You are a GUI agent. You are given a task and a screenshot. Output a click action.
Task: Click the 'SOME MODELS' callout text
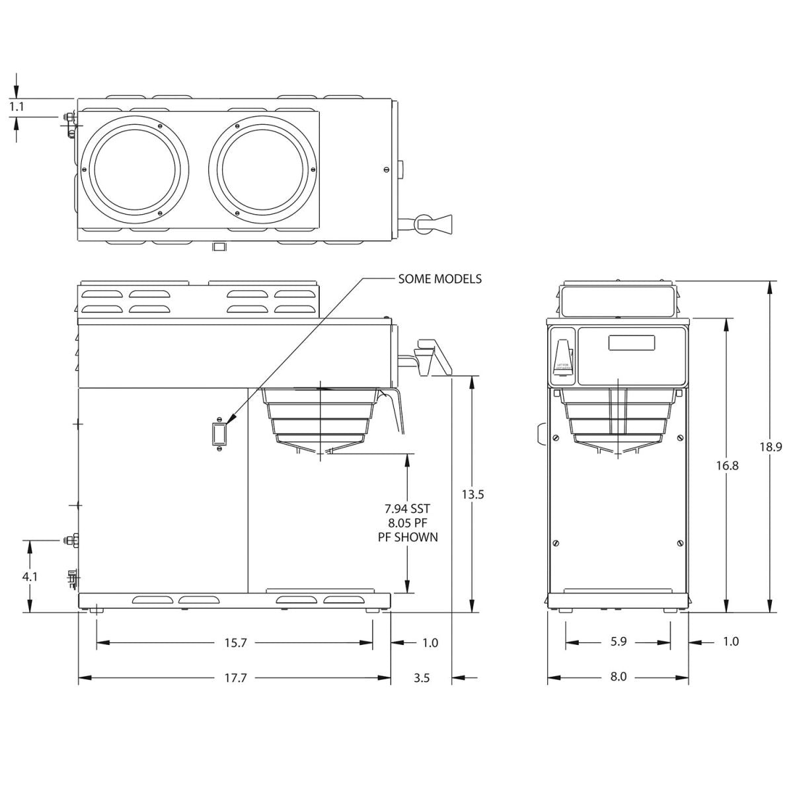[439, 279]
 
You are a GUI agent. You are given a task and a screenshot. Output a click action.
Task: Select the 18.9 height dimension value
[770, 447]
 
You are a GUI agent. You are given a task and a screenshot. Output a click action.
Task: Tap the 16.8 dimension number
[726, 465]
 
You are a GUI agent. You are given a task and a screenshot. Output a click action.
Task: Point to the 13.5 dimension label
[472, 494]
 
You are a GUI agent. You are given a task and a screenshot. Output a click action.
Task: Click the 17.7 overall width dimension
[235, 677]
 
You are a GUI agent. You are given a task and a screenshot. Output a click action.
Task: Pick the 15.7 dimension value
[235, 642]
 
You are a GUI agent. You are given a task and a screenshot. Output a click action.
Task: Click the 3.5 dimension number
[422, 677]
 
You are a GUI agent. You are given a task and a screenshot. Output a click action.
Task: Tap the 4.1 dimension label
[30, 576]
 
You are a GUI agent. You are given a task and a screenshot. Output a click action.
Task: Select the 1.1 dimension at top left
[17, 106]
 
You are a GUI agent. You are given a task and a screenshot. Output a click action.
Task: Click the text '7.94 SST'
[407, 509]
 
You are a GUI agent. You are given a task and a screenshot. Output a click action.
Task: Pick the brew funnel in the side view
[321, 416]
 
